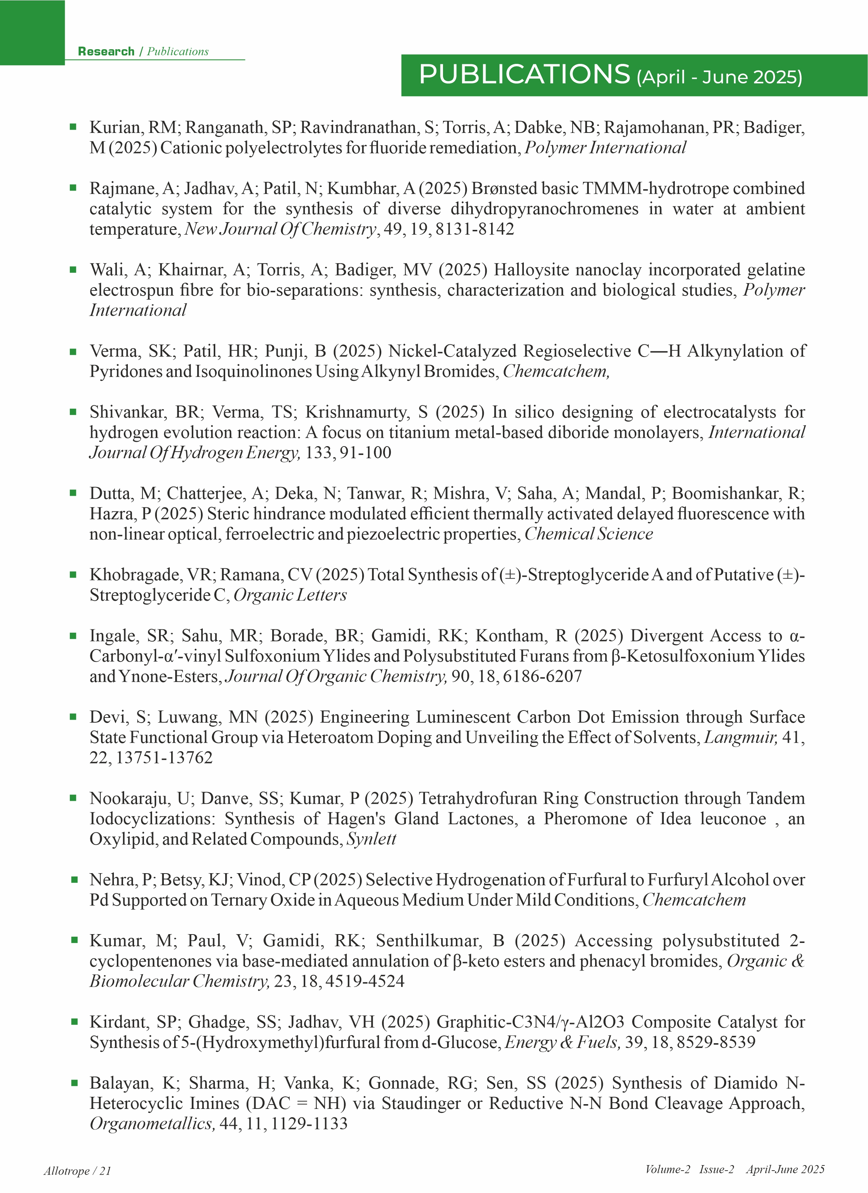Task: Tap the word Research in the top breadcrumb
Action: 106,51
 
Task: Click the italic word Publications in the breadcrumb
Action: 178,51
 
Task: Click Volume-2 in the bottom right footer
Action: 667,1169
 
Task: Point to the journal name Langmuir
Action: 740,737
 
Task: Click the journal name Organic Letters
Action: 290,595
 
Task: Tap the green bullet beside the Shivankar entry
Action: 73,412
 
